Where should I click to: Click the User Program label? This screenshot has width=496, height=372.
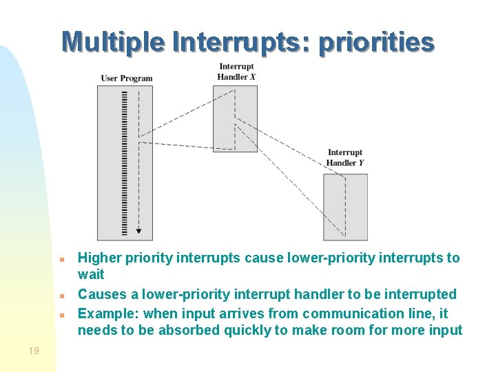click(127, 78)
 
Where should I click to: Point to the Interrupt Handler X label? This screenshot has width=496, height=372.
click(236, 72)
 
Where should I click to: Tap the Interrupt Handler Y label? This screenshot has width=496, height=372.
click(344, 158)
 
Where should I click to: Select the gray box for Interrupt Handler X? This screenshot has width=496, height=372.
click(235, 118)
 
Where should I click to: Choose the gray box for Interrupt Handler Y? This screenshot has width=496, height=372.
click(345, 207)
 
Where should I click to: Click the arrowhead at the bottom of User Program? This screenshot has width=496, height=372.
click(138, 231)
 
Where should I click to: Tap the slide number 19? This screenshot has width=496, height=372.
click(34, 351)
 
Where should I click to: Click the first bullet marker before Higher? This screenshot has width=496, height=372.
click(62, 260)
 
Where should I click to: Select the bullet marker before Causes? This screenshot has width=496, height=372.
click(62, 296)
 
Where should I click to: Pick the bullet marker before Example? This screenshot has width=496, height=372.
click(62, 315)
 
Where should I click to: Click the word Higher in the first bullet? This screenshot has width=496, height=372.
click(100, 258)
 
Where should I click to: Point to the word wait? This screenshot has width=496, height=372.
click(91, 275)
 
